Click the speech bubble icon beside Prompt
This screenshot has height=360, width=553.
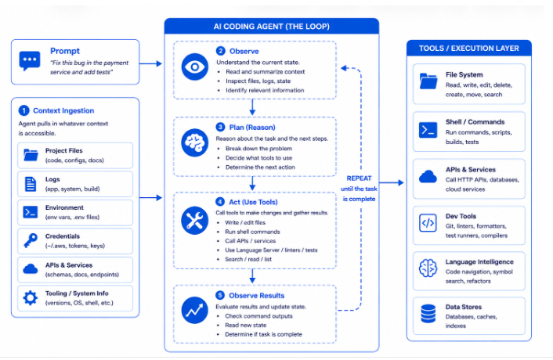[30, 61]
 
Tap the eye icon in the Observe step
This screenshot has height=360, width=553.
[195, 67]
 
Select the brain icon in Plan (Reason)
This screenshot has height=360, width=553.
[195, 142]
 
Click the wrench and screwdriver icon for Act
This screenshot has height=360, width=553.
[195, 221]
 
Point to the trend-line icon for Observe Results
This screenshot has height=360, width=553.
[195, 311]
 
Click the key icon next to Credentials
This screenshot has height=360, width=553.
[31, 241]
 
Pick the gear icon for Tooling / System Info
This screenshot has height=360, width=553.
[31, 298]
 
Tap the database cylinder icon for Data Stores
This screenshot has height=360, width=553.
[428, 314]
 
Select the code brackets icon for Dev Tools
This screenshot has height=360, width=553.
[428, 223]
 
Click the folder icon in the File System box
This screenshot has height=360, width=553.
[428, 81]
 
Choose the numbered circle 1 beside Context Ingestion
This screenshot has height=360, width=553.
[23, 110]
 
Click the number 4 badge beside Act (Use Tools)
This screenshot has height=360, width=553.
[220, 202]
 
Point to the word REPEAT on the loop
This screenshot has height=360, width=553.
[359, 178]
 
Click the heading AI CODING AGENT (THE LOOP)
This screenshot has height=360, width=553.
[272, 27]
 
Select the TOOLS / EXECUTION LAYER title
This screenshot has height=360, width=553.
[469, 49]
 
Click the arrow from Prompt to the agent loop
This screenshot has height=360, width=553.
[150, 63]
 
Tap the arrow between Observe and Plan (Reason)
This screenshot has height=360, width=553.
[252, 107]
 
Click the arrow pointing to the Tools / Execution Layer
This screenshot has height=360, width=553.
[392, 182]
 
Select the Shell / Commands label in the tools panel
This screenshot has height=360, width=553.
[475, 122]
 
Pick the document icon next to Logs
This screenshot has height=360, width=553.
[31, 184]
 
